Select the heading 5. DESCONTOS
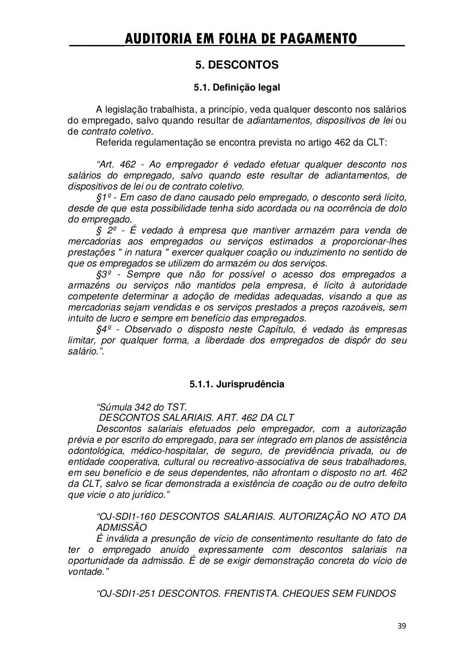point(237,65)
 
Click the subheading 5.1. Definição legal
point(237,87)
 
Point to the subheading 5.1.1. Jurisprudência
point(237,384)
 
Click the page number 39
point(402,626)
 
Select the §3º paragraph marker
point(105,274)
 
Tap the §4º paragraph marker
point(105,329)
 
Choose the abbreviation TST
point(179,407)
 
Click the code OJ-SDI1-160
point(126,517)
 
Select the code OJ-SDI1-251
point(126,594)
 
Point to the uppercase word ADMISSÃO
point(122,528)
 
